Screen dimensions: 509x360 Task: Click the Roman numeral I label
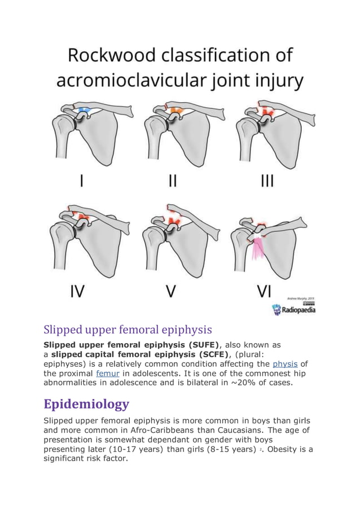point(83,181)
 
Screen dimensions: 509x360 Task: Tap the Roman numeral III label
point(267,181)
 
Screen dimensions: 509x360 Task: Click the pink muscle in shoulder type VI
point(259,248)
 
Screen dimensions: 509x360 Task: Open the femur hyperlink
point(106,373)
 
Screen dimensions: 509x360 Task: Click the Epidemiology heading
point(86,404)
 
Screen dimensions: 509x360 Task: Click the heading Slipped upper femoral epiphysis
point(128,329)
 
